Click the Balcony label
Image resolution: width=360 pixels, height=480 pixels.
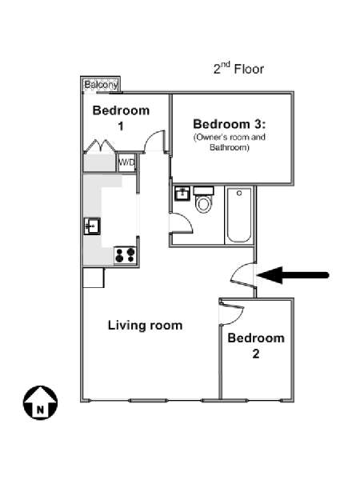[x=101, y=85]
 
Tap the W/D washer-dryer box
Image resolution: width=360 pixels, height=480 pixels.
[x=126, y=162]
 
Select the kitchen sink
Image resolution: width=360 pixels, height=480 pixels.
[x=92, y=226]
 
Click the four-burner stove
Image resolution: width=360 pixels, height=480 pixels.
[x=126, y=255]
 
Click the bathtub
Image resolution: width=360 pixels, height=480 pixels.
[x=238, y=215]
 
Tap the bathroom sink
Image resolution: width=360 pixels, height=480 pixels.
[x=182, y=194]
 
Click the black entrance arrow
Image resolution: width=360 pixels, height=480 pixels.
[x=293, y=275]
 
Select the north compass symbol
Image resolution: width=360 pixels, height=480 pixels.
[x=41, y=402]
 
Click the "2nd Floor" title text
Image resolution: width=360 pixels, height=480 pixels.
[x=238, y=68]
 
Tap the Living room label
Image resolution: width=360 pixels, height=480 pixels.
[x=145, y=325]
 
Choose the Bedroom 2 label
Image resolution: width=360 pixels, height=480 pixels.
[x=256, y=346]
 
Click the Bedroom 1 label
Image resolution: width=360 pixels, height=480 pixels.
[x=122, y=118]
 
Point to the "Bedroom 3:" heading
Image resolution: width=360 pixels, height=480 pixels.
[x=230, y=124]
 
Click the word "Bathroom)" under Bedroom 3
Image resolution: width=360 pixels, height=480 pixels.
[x=230, y=147]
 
